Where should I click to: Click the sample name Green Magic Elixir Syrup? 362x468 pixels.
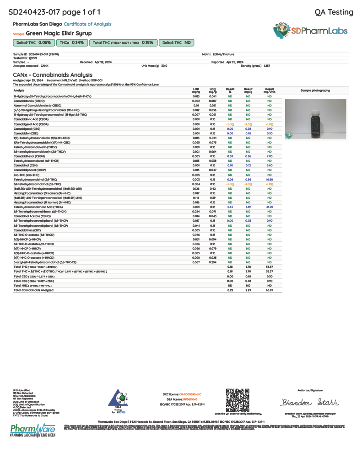click(59, 33)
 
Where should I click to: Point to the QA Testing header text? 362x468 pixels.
click(334, 12)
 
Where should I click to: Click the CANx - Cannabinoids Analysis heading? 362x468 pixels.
click(50, 74)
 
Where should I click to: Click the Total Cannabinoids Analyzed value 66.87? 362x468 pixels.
click(270, 290)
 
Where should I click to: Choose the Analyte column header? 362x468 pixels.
click(19, 90)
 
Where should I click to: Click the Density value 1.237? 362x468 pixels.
click(267, 66)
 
